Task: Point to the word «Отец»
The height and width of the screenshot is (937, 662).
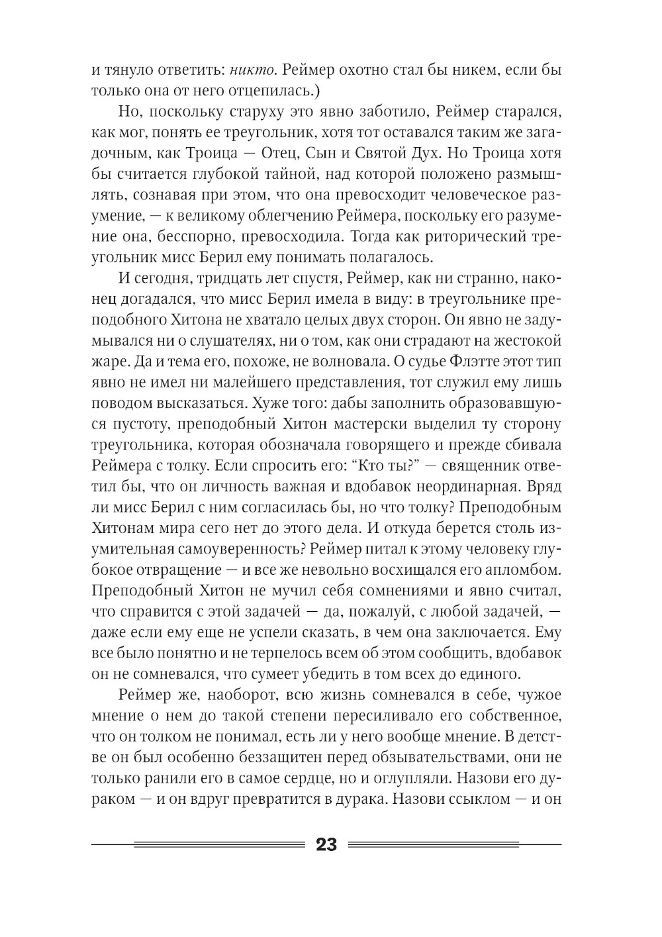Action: coord(279,154)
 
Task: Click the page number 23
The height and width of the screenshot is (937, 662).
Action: coord(327,845)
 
